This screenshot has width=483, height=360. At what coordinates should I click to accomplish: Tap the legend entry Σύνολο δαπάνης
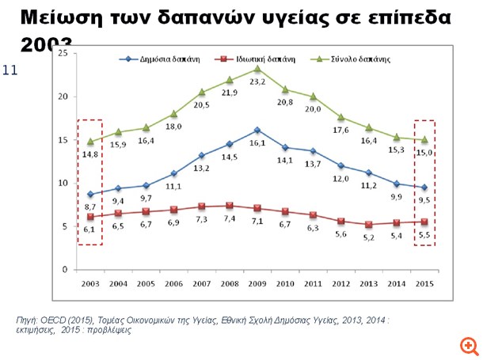[361, 59]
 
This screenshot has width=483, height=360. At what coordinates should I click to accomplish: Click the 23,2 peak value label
[257, 81]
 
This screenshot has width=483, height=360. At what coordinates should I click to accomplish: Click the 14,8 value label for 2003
[89, 156]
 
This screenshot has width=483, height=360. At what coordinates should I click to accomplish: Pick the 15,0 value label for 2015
[424, 154]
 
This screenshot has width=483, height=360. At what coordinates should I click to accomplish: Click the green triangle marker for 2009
[257, 69]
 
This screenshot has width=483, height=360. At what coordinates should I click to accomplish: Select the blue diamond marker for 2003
[89, 194]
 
